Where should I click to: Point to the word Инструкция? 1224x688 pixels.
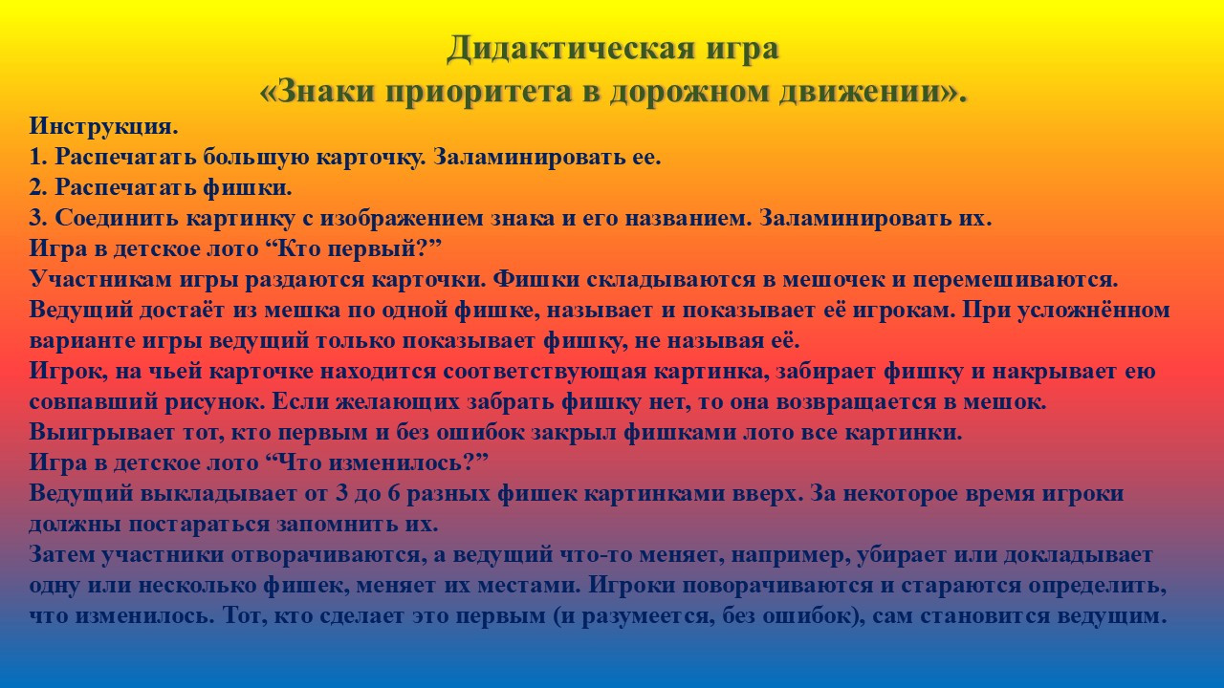click(104, 127)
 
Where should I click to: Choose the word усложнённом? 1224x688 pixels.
click(1093, 311)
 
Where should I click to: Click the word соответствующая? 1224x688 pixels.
click(545, 372)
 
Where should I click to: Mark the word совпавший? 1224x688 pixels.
click(93, 402)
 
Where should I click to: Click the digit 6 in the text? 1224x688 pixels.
click(393, 494)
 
